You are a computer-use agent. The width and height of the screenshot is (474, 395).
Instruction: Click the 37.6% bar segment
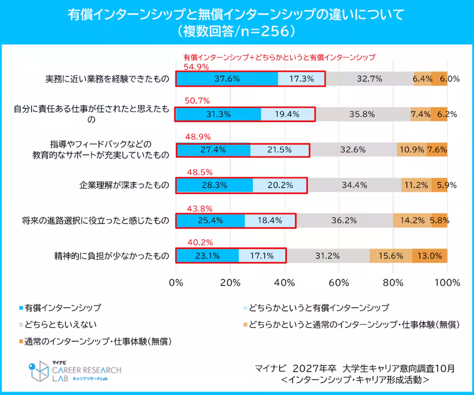point(227,79)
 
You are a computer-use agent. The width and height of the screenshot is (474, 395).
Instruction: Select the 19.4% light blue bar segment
point(288,114)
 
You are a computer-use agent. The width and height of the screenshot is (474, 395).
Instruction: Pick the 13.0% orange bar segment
point(430,256)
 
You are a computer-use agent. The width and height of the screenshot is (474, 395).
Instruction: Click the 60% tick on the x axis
point(339,283)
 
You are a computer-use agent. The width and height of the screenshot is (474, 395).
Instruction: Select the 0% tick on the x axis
point(176,283)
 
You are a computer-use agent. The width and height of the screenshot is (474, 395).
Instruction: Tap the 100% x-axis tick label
point(447,283)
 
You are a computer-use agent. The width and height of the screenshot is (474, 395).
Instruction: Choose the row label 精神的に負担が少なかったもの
point(112,256)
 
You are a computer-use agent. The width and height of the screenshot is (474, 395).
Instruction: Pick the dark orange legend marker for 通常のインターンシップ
point(21,341)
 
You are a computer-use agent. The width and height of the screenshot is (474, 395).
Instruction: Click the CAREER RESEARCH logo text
point(87,371)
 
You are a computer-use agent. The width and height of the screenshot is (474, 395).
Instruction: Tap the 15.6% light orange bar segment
point(390,256)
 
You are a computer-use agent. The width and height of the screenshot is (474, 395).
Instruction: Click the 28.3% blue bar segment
point(214,185)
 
